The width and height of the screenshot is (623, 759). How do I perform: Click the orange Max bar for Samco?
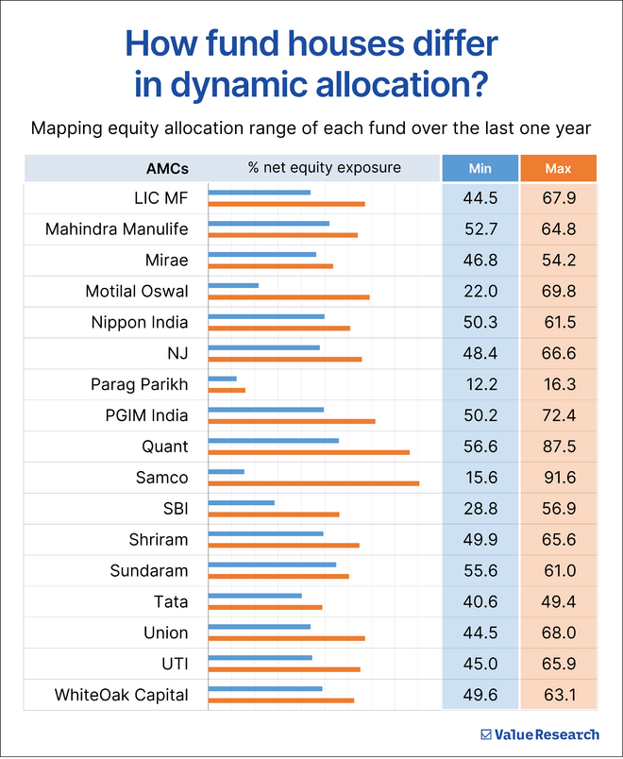click(313, 483)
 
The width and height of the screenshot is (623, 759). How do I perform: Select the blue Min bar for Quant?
click(273, 440)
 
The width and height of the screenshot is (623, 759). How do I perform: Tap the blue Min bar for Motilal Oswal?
click(233, 284)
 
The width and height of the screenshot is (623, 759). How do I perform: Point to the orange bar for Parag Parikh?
click(227, 390)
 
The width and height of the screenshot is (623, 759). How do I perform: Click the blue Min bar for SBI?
click(241, 502)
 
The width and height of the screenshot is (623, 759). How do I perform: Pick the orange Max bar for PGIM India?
click(291, 421)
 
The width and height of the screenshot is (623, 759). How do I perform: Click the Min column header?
click(480, 169)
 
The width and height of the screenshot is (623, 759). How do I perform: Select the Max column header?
click(559, 169)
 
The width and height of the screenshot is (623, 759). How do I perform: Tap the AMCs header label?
click(167, 169)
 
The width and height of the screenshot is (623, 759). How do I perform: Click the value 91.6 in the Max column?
click(559, 478)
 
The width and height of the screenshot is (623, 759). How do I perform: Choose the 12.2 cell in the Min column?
click(480, 384)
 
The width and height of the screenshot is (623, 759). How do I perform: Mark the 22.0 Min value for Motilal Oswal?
click(480, 291)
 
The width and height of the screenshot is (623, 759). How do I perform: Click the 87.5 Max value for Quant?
click(559, 447)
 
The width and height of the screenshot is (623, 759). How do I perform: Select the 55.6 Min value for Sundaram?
click(480, 571)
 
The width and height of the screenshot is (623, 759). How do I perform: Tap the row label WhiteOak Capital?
click(121, 696)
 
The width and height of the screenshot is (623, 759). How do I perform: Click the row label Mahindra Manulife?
click(117, 228)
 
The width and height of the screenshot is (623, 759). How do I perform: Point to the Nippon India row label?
click(140, 322)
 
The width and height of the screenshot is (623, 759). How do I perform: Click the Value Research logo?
click(539, 734)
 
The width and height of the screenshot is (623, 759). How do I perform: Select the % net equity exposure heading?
click(324, 168)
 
